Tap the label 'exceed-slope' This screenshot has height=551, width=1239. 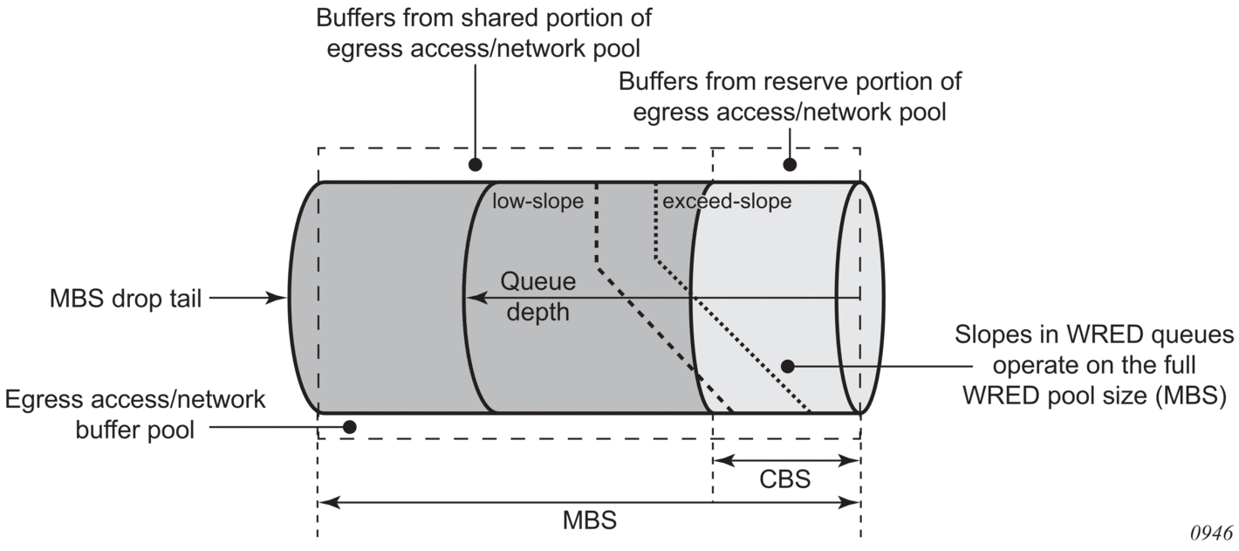pos(727,202)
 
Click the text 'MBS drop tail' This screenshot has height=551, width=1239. pos(126,299)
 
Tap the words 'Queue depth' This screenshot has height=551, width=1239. pos(537,297)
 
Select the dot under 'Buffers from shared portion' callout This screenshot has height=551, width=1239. pos(476,164)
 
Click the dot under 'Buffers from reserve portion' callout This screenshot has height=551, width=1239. pos(790,164)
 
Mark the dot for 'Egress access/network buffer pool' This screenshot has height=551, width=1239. pos(350,427)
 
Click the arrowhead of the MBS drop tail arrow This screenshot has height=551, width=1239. pos(281,299)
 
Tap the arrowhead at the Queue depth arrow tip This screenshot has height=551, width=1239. pos(470,299)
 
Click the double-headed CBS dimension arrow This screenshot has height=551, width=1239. pos(786,459)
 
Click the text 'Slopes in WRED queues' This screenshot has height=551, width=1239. pos(1094,335)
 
